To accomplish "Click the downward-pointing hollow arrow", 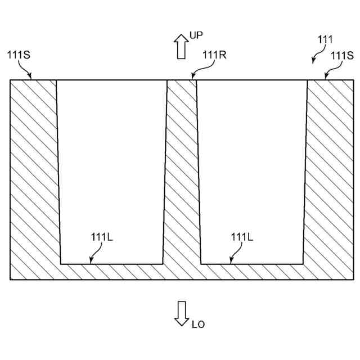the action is [x=181, y=313].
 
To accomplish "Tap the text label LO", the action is [x=198, y=325].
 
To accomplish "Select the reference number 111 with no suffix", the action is [x=325, y=39].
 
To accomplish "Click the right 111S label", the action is [x=342, y=55].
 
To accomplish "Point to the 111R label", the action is [x=214, y=55].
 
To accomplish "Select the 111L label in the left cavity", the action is [x=102, y=237].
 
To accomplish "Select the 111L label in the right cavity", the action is [x=242, y=237].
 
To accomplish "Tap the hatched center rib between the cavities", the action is [x=182, y=169].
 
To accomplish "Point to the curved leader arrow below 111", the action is [x=317, y=55].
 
